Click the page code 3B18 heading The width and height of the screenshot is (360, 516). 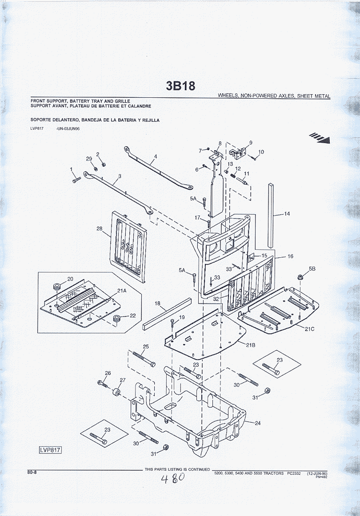[180, 86]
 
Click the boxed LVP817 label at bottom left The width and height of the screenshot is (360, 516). [50, 450]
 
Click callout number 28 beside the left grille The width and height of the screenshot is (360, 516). [100, 228]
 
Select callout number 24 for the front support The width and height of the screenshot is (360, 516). [258, 423]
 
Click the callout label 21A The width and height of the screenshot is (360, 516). [122, 291]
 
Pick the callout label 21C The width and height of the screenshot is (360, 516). [309, 328]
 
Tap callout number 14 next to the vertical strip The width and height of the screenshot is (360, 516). [287, 214]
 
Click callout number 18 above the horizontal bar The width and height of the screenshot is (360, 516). [157, 303]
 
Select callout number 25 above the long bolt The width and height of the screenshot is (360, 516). [146, 347]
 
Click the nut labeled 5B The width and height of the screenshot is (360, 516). [300, 277]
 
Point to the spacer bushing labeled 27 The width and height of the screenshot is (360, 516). [116, 393]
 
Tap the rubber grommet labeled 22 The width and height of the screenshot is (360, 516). [116, 319]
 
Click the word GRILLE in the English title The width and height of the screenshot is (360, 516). [121, 101]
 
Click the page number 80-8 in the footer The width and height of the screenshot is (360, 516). [32, 472]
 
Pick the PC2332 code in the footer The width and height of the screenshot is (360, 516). [294, 473]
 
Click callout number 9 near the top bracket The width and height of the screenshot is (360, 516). [251, 143]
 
